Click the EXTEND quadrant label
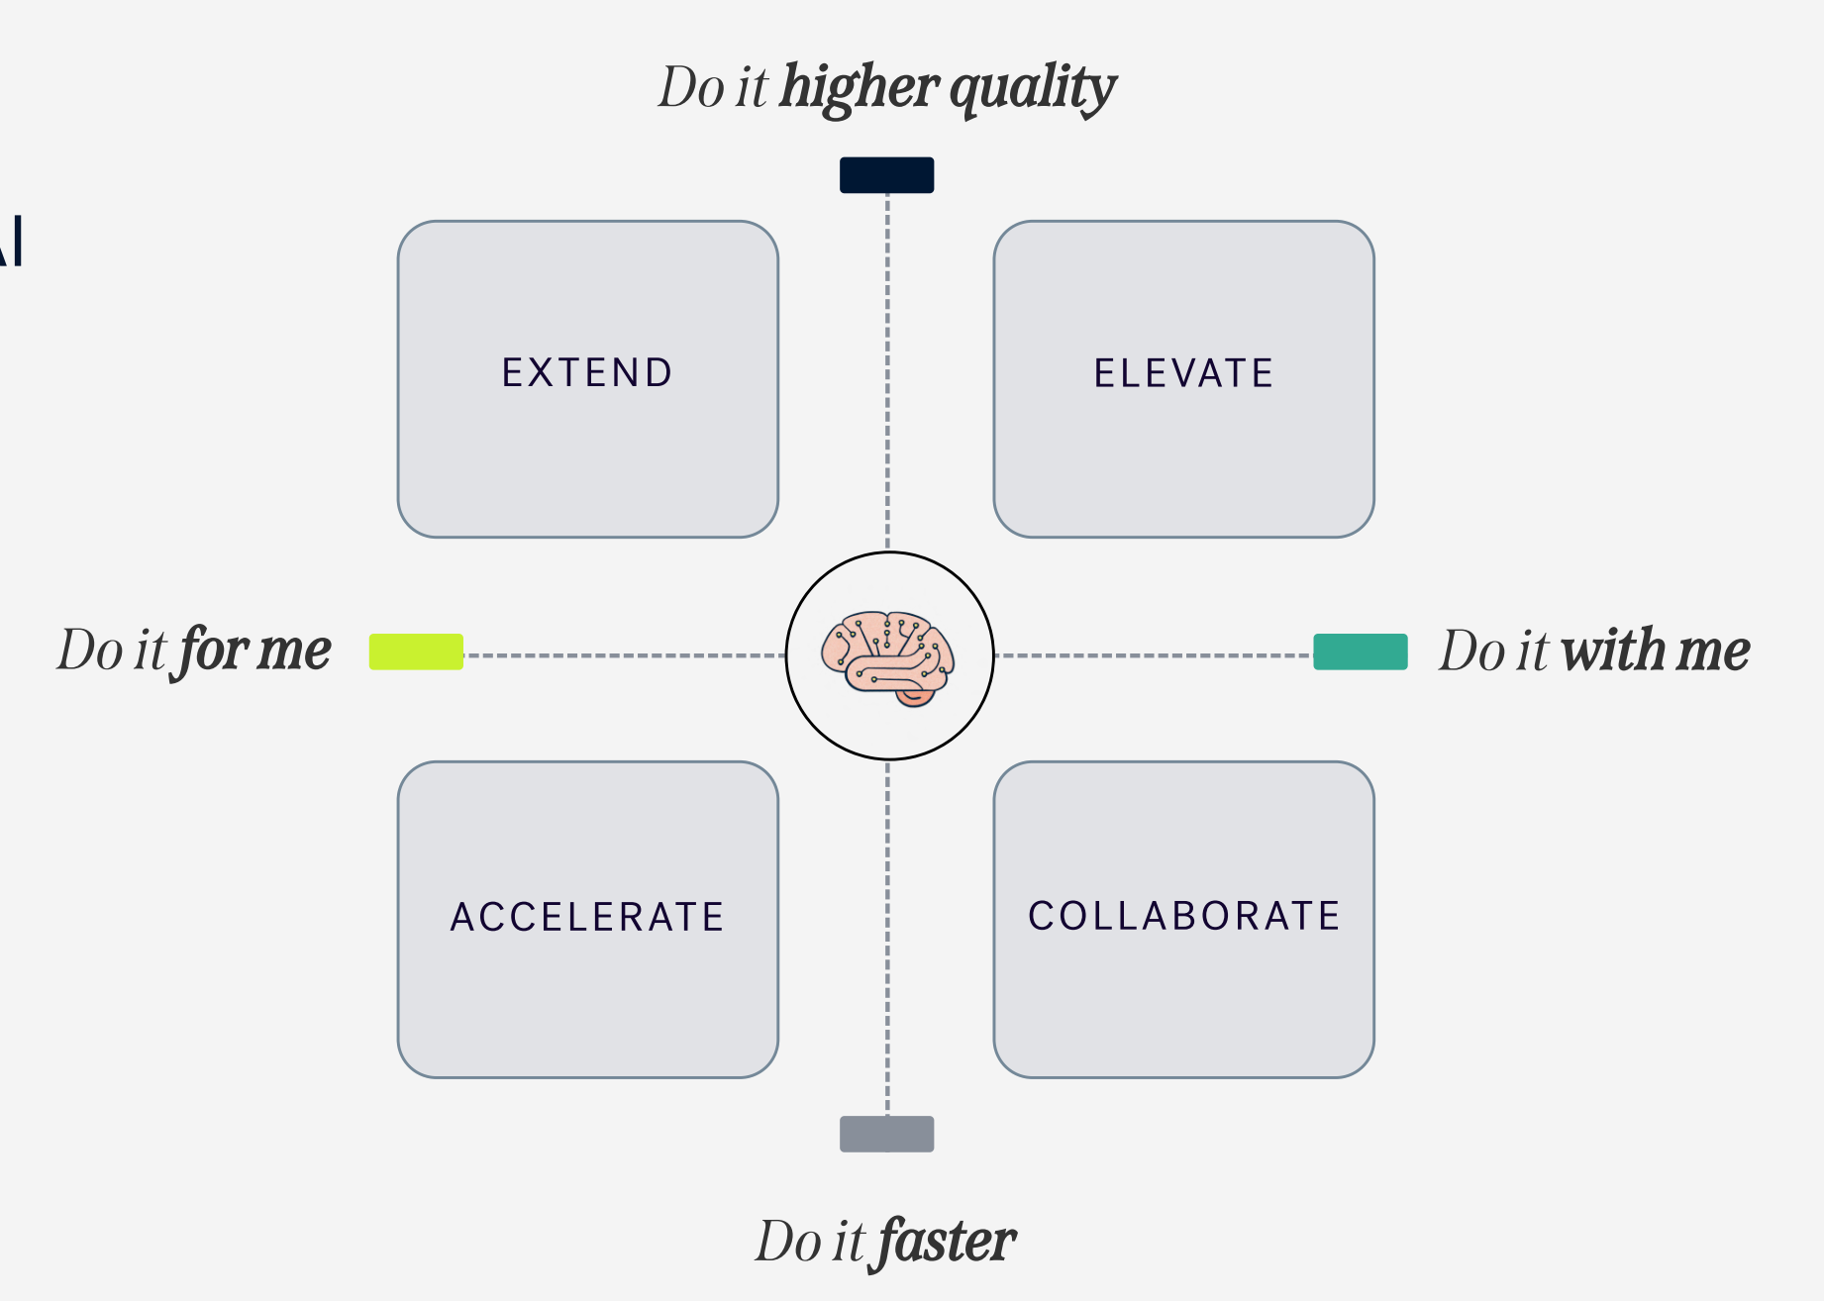[x=587, y=373]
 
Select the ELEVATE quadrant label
[x=1183, y=373]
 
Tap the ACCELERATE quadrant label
[x=587, y=917]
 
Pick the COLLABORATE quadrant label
[x=1184, y=916]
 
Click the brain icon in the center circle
[x=888, y=656]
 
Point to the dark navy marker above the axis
[x=886, y=175]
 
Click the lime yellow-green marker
[x=416, y=651]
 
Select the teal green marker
[x=1360, y=651]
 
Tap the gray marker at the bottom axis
[x=886, y=1134]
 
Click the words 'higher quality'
[x=948, y=88]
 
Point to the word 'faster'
[x=946, y=1242]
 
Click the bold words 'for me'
[x=255, y=650]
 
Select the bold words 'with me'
[x=1655, y=650]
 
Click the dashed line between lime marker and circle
[x=624, y=655]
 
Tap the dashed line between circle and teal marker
[x=1154, y=655]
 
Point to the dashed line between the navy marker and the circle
[x=887, y=371]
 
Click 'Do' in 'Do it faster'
[x=786, y=1242]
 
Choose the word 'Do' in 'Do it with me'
[x=1469, y=650]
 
